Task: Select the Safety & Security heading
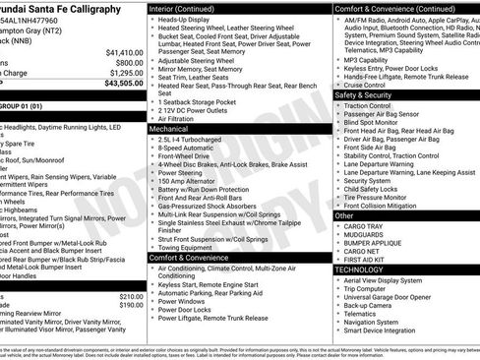[370, 95]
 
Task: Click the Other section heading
[344, 215]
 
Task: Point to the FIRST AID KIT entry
[366, 259]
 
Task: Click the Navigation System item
[371, 322]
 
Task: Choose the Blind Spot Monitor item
[372, 122]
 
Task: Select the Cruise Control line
[365, 85]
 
